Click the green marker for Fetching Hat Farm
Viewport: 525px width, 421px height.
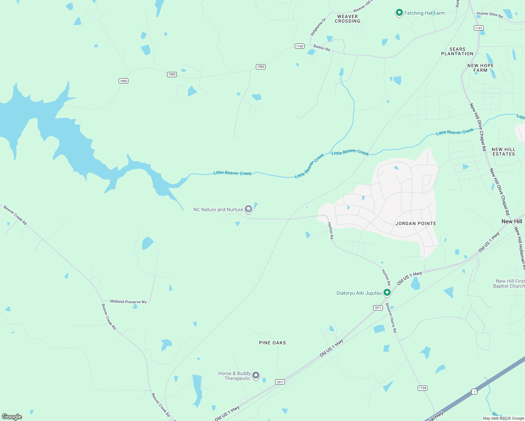tap(399, 13)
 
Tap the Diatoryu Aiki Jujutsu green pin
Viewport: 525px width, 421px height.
tap(387, 293)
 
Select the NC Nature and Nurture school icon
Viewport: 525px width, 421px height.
tap(248, 209)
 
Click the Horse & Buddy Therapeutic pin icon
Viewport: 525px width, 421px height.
tap(256, 375)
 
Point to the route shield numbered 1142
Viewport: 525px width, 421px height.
tap(299, 46)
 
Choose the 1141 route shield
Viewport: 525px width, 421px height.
tap(478, 28)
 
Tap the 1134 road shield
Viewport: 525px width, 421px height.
tap(422, 388)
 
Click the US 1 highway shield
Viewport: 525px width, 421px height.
tap(474, 392)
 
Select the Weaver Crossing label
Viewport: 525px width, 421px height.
tap(347, 19)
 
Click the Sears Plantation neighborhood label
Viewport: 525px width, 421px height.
tap(457, 52)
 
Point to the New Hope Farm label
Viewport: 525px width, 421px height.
tap(480, 68)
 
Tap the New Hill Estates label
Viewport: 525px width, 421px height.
tap(504, 152)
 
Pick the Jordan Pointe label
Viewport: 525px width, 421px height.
tap(416, 223)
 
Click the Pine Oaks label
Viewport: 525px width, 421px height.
tap(272, 343)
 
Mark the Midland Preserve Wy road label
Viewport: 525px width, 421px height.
tap(128, 302)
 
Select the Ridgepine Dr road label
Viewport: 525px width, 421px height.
tap(318, 27)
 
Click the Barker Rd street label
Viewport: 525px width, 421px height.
tap(322, 47)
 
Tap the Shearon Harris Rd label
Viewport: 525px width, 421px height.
tap(391, 318)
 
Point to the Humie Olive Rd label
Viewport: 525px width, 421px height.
tap(490, 15)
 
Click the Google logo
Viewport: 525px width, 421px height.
tap(12, 417)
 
